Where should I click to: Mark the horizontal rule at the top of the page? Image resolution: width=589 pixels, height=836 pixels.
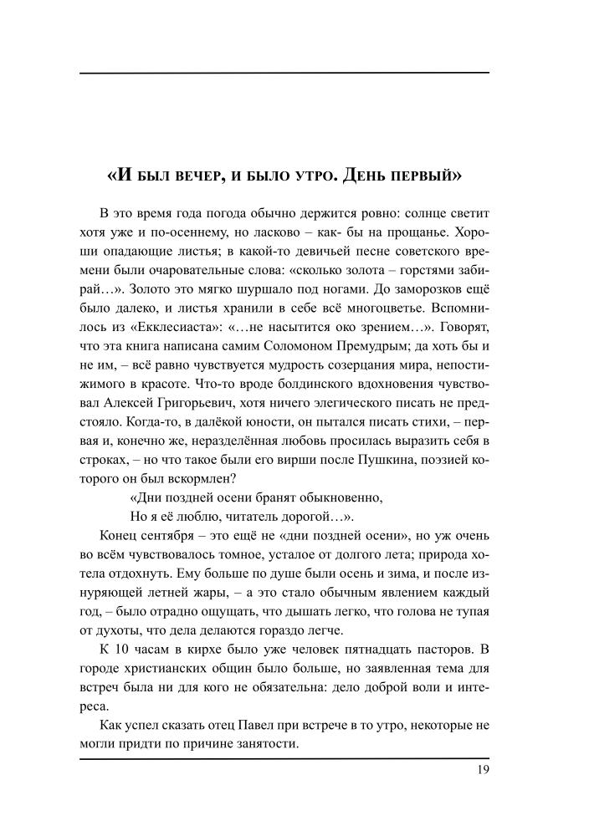click(x=284, y=74)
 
